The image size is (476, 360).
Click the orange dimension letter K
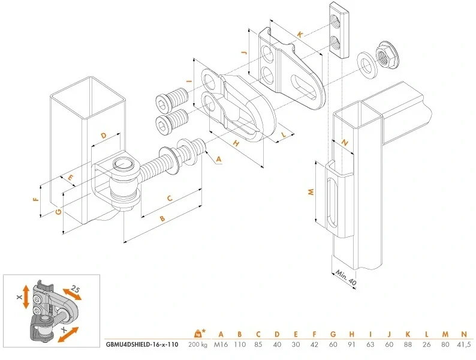299,35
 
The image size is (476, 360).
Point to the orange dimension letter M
311,191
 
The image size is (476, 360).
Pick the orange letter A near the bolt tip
218,160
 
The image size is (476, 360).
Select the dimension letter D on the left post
103,136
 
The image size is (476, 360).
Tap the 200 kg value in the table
197,344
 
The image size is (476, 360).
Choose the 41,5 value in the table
463,344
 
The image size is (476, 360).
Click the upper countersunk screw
173,98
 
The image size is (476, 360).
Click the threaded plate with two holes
338,29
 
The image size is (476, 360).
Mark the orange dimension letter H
236,143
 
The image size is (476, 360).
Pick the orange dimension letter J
244,53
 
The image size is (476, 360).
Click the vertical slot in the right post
331,199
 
